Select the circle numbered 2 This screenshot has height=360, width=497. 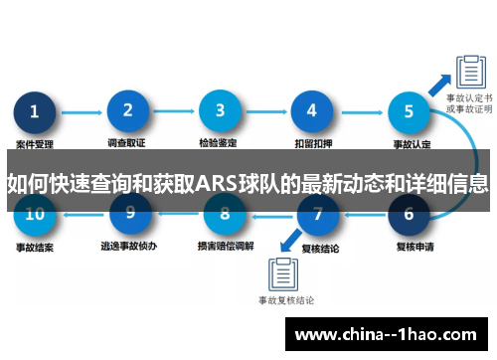coord(127,111)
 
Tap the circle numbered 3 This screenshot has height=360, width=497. coord(220,111)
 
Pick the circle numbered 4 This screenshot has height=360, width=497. coord(312,111)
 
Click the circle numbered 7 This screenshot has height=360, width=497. coord(318,213)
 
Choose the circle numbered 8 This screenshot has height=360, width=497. coord(225,213)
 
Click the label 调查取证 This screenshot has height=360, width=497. coord(127,145)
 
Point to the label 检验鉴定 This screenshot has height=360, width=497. coord(220,145)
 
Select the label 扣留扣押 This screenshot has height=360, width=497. coord(312,145)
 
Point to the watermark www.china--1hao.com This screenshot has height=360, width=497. coord(390,334)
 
